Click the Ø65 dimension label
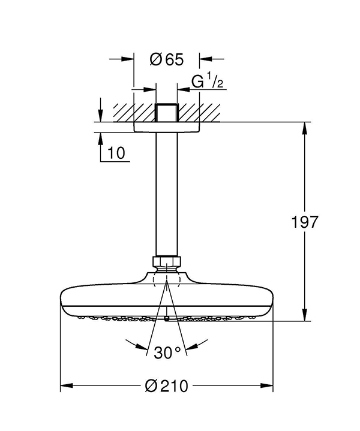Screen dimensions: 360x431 pyautogui.click(x=167, y=59)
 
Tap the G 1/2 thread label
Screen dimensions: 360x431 pyautogui.click(x=208, y=82)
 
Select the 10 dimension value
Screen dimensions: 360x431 pyautogui.click(x=116, y=153)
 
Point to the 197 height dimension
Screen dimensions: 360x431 pyautogui.click(x=305, y=222)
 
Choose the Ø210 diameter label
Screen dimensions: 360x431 pyautogui.click(x=167, y=386)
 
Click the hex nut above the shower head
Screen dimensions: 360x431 pyautogui.click(x=167, y=261)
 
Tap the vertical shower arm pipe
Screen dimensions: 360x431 pyautogui.click(x=167, y=194)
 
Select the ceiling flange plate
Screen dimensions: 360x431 pyautogui.click(x=167, y=127)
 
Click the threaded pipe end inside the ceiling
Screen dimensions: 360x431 pyautogui.click(x=167, y=113)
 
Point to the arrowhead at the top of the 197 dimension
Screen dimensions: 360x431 pyautogui.click(x=304, y=128)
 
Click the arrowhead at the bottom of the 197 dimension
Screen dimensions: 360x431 pyautogui.click(x=304, y=315)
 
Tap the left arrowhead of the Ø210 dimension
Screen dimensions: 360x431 pyautogui.click(x=67, y=385)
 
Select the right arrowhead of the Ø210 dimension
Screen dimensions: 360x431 pyautogui.click(x=266, y=385)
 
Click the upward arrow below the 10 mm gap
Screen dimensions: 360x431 pyautogui.click(x=101, y=139)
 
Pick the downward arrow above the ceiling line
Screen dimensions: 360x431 pyautogui.click(x=101, y=116)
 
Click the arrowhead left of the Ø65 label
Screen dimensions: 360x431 pyautogui.click(x=127, y=59)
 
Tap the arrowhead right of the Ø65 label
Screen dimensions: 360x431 pyautogui.click(x=206, y=59)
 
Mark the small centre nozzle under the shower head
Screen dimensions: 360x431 pyautogui.click(x=167, y=319)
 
